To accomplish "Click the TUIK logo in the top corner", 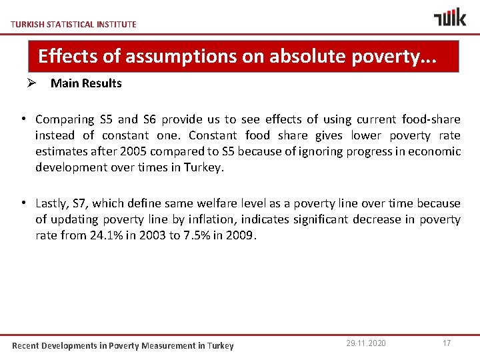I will pos(450,17).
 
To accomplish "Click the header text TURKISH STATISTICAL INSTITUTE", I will pos(74,24).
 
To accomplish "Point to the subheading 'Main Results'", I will pos(86,83).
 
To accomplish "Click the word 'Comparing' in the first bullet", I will pos(65,119).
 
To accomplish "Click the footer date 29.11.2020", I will pos(366,343).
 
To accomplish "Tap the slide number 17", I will pos(447,343).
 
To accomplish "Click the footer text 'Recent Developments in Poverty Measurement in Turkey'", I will pos(123,345).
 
